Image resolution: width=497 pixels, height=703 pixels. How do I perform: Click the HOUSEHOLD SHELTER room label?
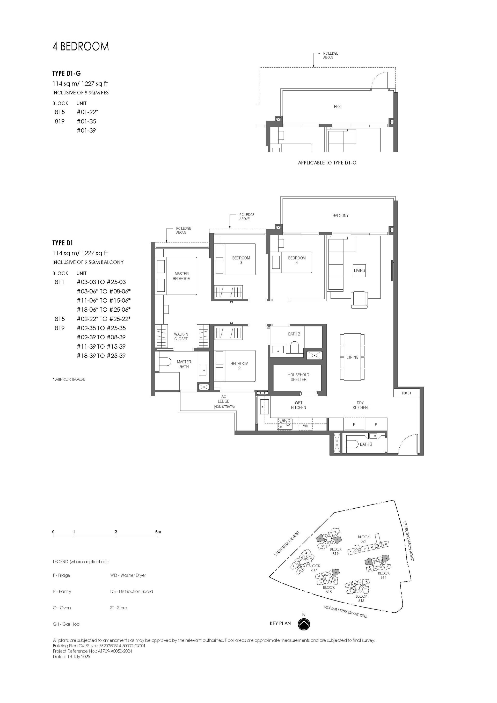click(298, 377)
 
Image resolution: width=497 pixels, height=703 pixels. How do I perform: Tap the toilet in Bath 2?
click(294, 348)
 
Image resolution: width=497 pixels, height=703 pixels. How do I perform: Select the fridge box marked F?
click(354, 424)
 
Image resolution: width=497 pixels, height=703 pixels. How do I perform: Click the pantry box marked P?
click(376, 424)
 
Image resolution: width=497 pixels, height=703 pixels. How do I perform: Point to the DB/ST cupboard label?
click(406, 393)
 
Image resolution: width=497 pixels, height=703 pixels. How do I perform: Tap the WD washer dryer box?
click(305, 426)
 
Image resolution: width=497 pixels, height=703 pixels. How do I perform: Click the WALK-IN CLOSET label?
click(181, 336)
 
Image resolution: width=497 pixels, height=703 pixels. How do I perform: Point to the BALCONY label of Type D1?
click(340, 216)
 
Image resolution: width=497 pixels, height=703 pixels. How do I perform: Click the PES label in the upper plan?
click(337, 107)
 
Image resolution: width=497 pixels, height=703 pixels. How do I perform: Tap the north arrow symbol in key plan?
click(304, 624)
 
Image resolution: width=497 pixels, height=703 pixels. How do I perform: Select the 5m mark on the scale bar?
click(158, 532)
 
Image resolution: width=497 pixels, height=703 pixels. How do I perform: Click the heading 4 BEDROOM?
click(81, 47)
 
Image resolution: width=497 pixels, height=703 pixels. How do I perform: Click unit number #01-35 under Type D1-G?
click(86, 121)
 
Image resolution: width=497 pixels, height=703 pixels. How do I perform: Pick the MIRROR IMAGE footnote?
click(69, 379)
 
